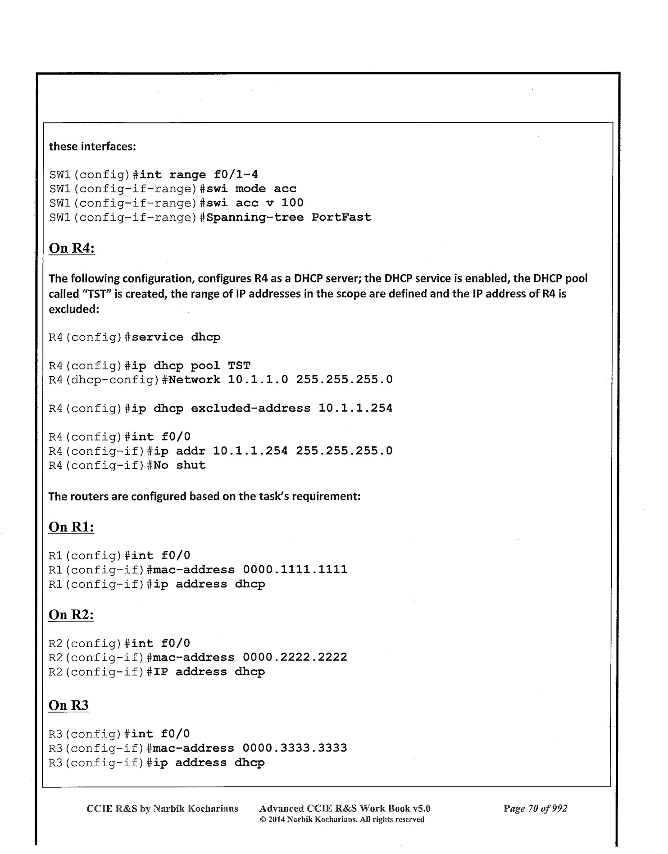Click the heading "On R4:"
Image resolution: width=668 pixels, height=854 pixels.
point(72,249)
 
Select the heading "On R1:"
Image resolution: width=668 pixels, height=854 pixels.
point(71,527)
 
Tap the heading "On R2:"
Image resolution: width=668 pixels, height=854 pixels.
point(71,615)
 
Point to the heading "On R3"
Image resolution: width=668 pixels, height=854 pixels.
point(68,705)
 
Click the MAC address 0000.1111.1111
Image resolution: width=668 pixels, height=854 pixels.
point(295,570)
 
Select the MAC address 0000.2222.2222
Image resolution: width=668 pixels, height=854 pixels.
point(295,658)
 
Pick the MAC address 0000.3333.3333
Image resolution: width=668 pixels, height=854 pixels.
point(295,748)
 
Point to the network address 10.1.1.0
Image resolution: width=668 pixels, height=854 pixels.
point(258,380)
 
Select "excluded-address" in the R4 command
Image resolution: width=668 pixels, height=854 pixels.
point(250,409)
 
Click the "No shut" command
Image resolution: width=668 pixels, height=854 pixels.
point(179,465)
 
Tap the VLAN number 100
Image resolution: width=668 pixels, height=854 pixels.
point(292,203)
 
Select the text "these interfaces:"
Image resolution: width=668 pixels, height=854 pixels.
point(92,146)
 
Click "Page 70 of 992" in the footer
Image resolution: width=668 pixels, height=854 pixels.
point(535,808)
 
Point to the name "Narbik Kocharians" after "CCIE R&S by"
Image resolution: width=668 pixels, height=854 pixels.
point(195,808)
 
